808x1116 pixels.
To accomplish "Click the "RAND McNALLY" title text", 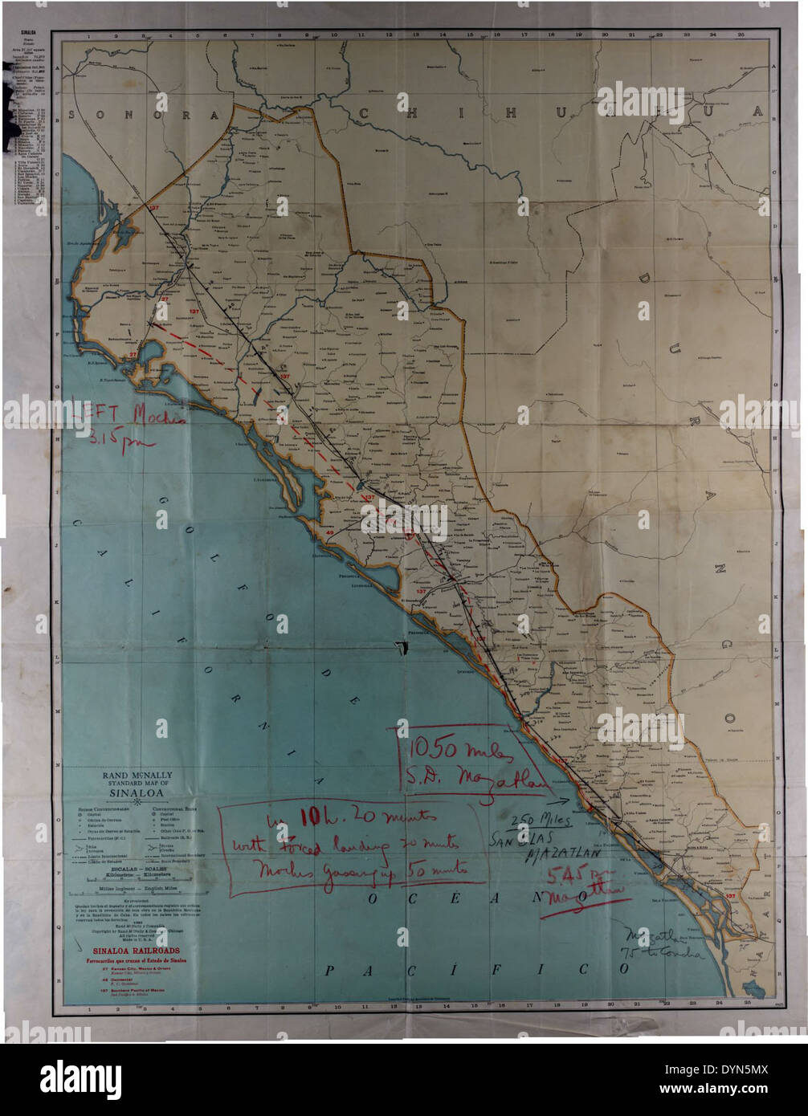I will tap(137, 776).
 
